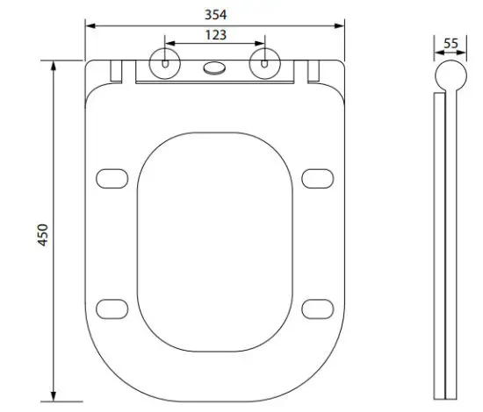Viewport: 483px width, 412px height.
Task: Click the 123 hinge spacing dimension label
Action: click(x=214, y=35)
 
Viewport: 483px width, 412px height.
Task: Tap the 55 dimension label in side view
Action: click(x=451, y=44)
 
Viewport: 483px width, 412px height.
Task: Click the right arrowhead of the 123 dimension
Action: click(x=262, y=44)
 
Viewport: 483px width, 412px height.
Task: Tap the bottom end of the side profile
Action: click(x=451, y=395)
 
